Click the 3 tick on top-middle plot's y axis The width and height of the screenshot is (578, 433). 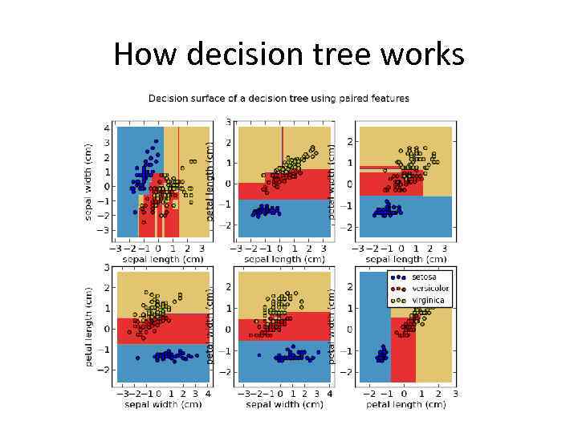tap(229, 123)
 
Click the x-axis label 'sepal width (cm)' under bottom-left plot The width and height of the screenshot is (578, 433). tap(163, 405)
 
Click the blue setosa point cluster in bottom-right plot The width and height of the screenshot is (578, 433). tap(382, 353)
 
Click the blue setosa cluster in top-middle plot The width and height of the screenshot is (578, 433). tap(266, 212)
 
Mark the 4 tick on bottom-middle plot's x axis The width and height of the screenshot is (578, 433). tap(330, 395)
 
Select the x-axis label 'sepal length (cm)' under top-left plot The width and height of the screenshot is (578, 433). tap(163, 260)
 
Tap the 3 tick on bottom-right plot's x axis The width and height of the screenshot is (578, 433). tap(454, 395)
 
